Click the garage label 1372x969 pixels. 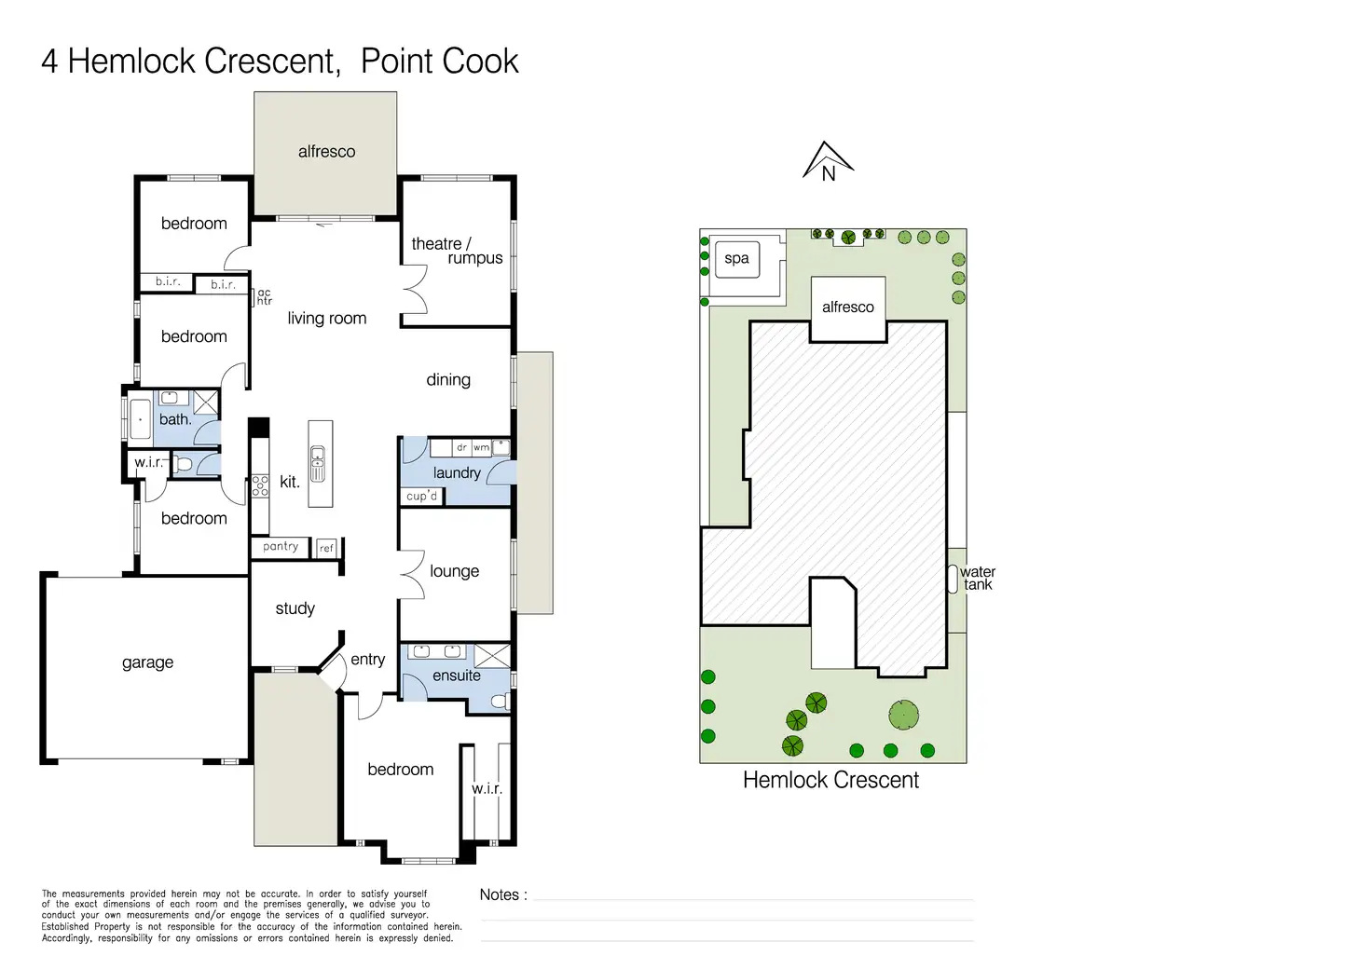click(x=147, y=662)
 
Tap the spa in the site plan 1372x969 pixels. click(x=736, y=259)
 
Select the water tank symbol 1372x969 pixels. click(x=953, y=579)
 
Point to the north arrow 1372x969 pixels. click(x=828, y=161)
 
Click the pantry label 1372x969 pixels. click(x=281, y=546)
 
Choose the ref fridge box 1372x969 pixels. click(x=326, y=548)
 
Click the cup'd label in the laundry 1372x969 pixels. click(x=422, y=496)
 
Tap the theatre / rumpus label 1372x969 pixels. click(x=457, y=251)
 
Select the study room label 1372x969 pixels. click(x=295, y=608)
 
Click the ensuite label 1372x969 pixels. click(x=457, y=676)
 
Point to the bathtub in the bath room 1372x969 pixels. click(x=140, y=419)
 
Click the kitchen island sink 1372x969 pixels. click(x=318, y=464)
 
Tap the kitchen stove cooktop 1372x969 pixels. click(x=260, y=484)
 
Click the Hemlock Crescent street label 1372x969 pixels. click(x=830, y=780)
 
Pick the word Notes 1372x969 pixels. click(x=500, y=895)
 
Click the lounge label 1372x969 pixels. click(x=455, y=571)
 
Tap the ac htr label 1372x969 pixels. click(x=264, y=297)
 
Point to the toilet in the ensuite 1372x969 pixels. click(x=501, y=701)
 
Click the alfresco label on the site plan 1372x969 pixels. click(x=847, y=307)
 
